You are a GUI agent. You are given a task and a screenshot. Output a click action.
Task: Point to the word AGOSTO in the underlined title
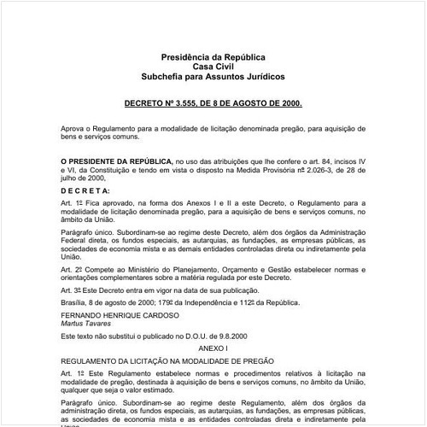pyautogui.click(x=252, y=102)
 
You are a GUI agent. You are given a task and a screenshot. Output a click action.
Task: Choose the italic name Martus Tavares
pyautogui.click(x=88, y=323)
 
